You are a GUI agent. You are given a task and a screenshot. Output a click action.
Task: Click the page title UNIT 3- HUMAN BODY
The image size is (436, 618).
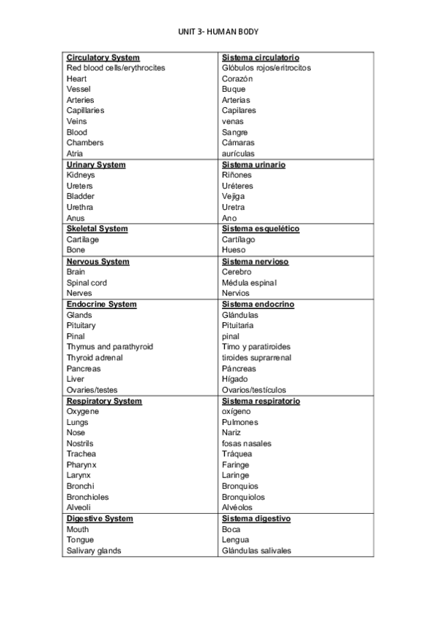pyautogui.click(x=218, y=32)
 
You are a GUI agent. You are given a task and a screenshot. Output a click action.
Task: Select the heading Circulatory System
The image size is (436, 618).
pyautogui.click(x=103, y=58)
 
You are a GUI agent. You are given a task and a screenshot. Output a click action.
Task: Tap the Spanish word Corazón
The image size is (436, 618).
pyautogui.click(x=237, y=79)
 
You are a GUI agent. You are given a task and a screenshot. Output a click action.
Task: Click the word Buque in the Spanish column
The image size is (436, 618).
pyautogui.click(x=234, y=89)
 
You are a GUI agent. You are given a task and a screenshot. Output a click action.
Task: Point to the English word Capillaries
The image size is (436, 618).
pyautogui.click(x=85, y=111)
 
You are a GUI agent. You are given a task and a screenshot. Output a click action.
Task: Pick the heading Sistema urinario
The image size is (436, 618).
pyautogui.click(x=253, y=165)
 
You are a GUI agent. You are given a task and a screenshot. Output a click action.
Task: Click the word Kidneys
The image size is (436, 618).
pyautogui.click(x=80, y=175)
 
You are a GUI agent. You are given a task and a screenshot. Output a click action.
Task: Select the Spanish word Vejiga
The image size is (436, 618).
pyautogui.click(x=233, y=196)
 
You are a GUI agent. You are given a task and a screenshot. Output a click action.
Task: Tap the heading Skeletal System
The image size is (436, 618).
pyautogui.click(x=97, y=229)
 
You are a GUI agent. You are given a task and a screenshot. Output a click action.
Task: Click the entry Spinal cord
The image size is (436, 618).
pyautogui.click(x=87, y=283)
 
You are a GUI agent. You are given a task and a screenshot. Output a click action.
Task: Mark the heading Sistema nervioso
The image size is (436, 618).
pyautogui.click(x=255, y=262)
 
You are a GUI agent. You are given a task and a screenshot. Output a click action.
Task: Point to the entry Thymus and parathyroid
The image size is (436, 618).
pyautogui.click(x=109, y=347)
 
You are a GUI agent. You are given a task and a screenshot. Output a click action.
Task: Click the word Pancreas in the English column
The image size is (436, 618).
pyautogui.click(x=84, y=369)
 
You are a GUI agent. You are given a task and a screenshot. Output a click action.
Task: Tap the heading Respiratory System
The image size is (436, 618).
pyautogui.click(x=104, y=401)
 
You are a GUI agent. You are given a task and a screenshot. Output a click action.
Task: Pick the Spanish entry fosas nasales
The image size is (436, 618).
pyautogui.click(x=247, y=444)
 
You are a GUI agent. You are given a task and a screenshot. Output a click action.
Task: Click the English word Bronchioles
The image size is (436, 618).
pyautogui.click(x=87, y=497)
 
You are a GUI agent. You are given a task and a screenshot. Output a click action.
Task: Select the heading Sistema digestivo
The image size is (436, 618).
pyautogui.click(x=256, y=519)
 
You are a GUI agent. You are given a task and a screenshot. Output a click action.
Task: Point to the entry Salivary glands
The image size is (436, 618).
pyautogui.click(x=94, y=551)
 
